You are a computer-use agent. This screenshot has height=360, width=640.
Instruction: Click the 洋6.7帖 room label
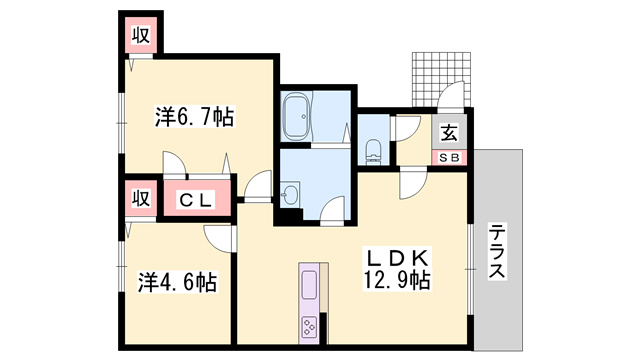(194, 116)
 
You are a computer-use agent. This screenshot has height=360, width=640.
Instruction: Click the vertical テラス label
(497, 251)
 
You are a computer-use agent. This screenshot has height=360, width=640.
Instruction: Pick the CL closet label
(196, 199)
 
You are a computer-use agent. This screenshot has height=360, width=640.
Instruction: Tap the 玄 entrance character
(449, 131)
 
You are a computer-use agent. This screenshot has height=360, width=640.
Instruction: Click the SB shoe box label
(448, 158)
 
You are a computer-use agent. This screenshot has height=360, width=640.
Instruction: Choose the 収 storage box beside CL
(138, 198)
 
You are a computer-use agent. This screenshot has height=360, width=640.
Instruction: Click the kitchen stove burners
(309, 325)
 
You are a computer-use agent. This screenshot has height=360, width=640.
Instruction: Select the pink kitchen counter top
(309, 285)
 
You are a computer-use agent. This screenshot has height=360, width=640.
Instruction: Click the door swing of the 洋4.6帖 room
(219, 236)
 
